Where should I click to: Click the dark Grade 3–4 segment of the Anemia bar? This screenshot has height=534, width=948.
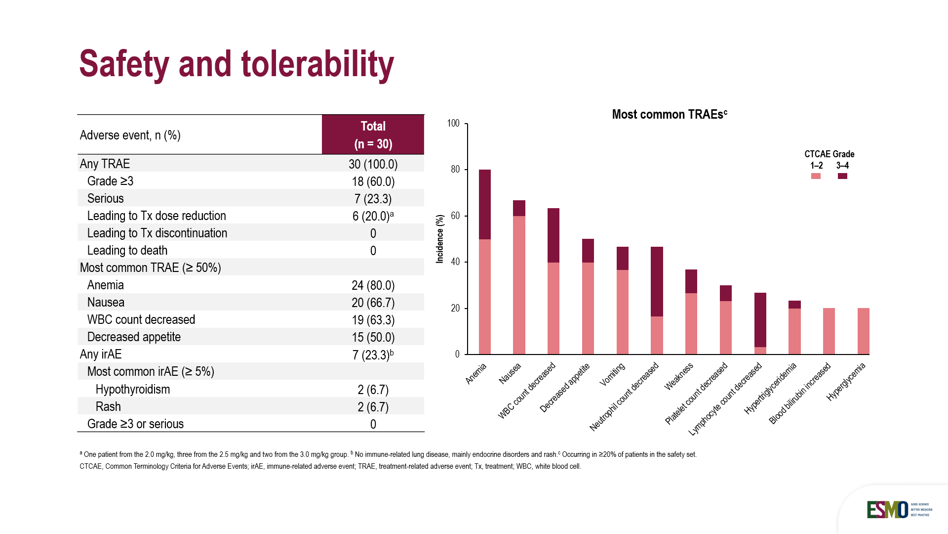point(485,204)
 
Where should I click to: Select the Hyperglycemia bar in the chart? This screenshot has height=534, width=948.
point(863,331)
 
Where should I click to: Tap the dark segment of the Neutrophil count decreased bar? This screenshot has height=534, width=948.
point(657,281)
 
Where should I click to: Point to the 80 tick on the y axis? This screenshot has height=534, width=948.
point(455,170)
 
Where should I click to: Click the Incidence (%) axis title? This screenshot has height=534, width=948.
point(440,238)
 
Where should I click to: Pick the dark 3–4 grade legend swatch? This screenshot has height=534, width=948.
point(842,176)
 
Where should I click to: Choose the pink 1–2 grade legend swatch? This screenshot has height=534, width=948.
point(816,176)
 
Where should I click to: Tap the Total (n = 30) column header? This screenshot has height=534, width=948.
point(373,135)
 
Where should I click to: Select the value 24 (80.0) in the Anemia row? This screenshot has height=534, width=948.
point(373,285)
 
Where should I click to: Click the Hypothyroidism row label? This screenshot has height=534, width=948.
point(132,390)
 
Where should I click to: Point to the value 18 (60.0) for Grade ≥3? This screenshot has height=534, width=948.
point(373,181)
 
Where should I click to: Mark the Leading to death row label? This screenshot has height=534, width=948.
point(127,251)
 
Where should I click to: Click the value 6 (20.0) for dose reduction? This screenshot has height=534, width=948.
point(371,216)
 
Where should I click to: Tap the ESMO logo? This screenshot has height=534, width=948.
point(887,510)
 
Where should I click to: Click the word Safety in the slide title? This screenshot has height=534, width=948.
point(124,64)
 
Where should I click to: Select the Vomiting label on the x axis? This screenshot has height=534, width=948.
point(612,374)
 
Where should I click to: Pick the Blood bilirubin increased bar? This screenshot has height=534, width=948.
point(829,331)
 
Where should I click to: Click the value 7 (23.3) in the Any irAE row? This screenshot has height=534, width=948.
point(371,355)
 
